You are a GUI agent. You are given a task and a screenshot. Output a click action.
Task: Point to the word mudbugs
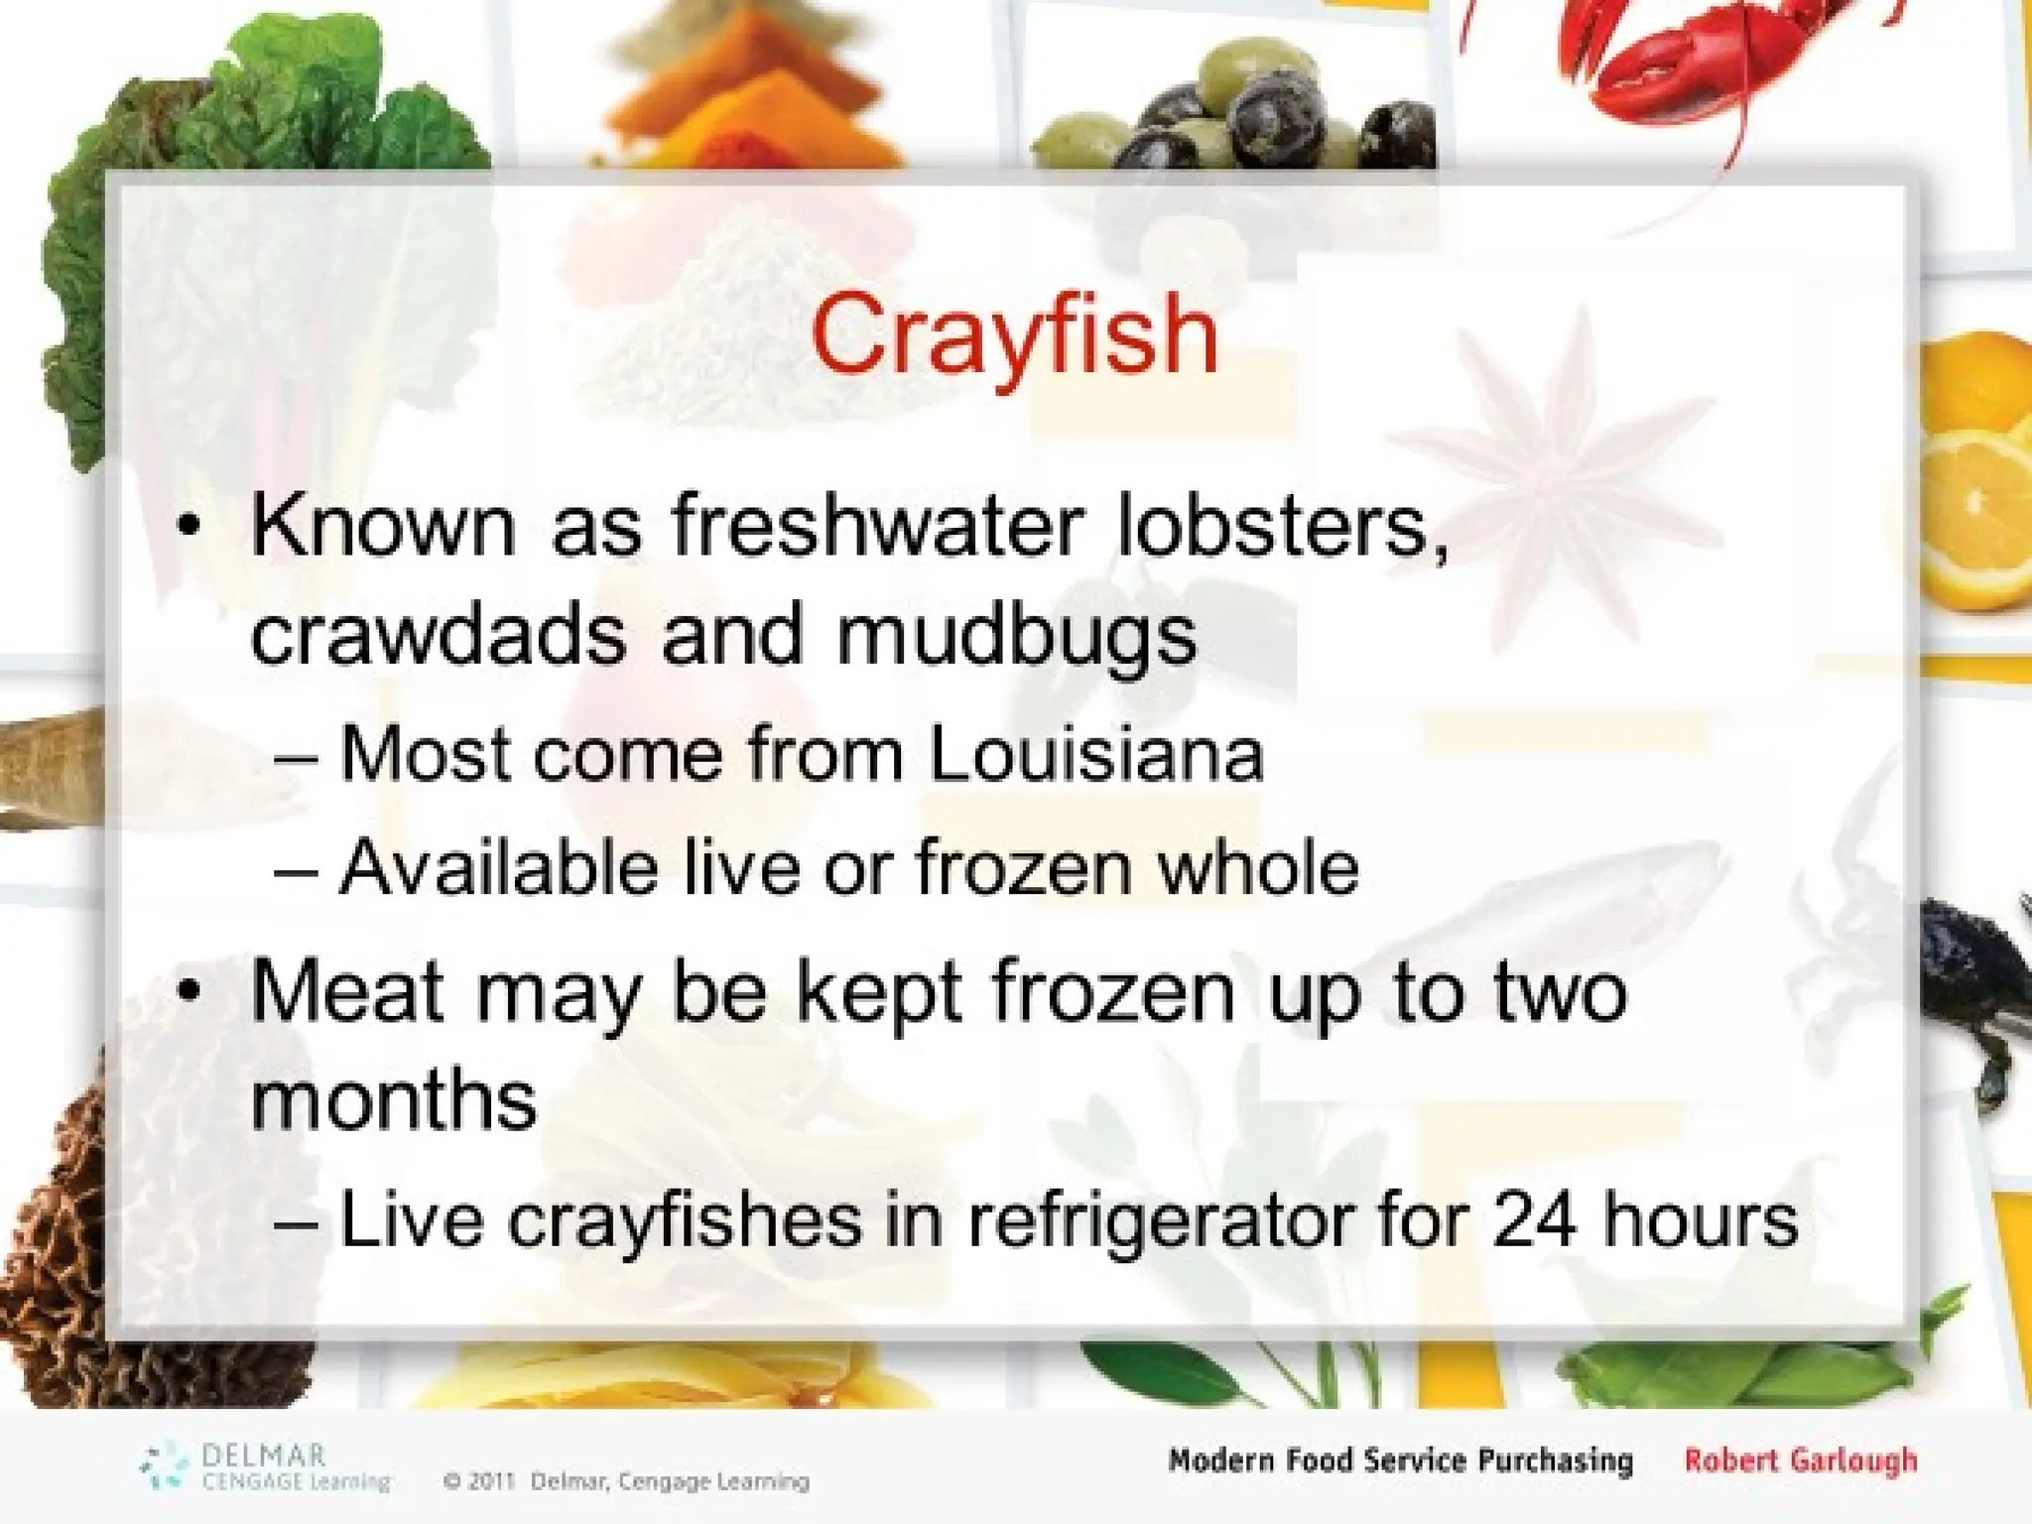pyautogui.click(x=1017, y=637)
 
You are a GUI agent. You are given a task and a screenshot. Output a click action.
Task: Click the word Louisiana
pyautogui.click(x=1096, y=754)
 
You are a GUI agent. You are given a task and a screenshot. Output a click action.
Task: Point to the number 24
pyautogui.click(x=1534, y=1218)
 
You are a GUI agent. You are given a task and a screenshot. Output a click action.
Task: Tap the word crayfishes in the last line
pyautogui.click(x=686, y=1220)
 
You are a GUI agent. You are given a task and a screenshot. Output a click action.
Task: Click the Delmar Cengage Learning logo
pyautogui.click(x=264, y=1467)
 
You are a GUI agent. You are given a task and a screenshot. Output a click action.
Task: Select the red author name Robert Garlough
pyautogui.click(x=1801, y=1460)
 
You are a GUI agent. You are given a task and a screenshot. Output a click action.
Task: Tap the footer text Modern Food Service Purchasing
pyautogui.click(x=1400, y=1460)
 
